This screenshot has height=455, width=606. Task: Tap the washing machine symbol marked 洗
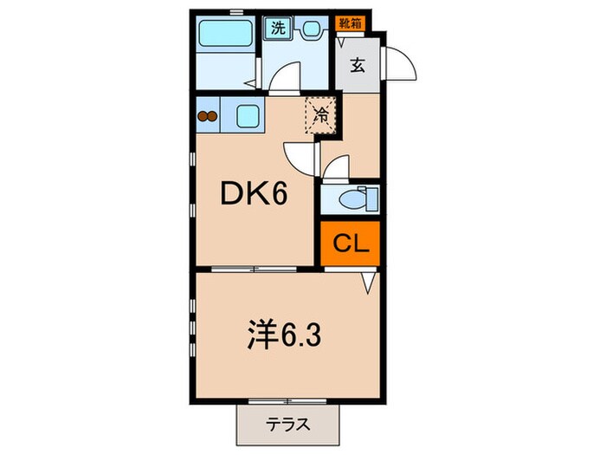point(278,27)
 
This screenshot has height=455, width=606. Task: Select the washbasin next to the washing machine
point(307,28)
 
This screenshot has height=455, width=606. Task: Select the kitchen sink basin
point(247,115)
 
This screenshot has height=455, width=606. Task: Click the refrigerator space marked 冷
point(319,114)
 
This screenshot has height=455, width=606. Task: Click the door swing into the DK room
point(299,156)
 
